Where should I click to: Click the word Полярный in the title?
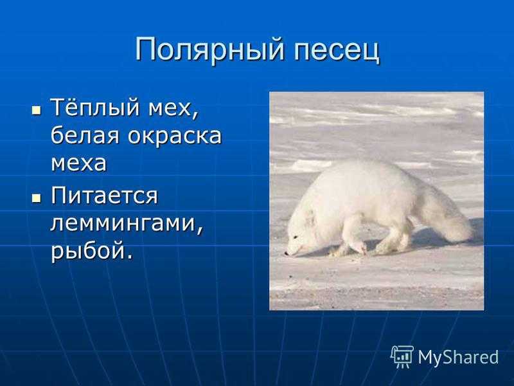click(209, 50)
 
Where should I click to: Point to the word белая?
click(85, 135)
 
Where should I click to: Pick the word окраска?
click(174, 136)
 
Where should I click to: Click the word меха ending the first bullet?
click(78, 163)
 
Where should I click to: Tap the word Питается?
click(104, 196)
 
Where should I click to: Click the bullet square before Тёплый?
click(37, 110)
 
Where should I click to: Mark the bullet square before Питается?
click(37, 198)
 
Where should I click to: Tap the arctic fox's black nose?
click(287, 253)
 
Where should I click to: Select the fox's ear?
click(310, 215)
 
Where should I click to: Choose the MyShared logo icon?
click(402, 357)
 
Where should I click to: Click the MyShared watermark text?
click(458, 357)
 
